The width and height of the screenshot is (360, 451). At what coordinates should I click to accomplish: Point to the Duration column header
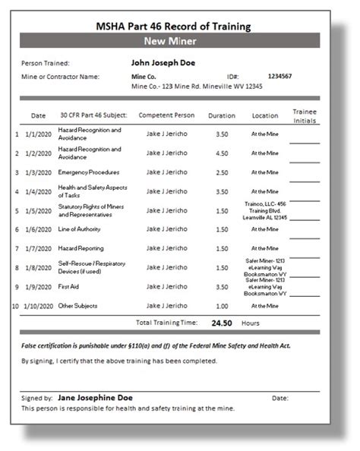(222, 115)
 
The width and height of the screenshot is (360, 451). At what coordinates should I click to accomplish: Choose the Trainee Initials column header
(305, 115)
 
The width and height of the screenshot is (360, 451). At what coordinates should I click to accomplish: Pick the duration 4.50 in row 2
(222, 153)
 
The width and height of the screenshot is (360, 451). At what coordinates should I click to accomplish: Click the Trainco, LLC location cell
(264, 210)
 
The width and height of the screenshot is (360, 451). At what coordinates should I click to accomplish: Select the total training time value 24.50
(222, 322)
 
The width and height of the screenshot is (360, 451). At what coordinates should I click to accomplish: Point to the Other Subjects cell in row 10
(78, 305)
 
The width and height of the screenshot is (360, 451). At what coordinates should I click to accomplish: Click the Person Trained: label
(46, 63)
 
